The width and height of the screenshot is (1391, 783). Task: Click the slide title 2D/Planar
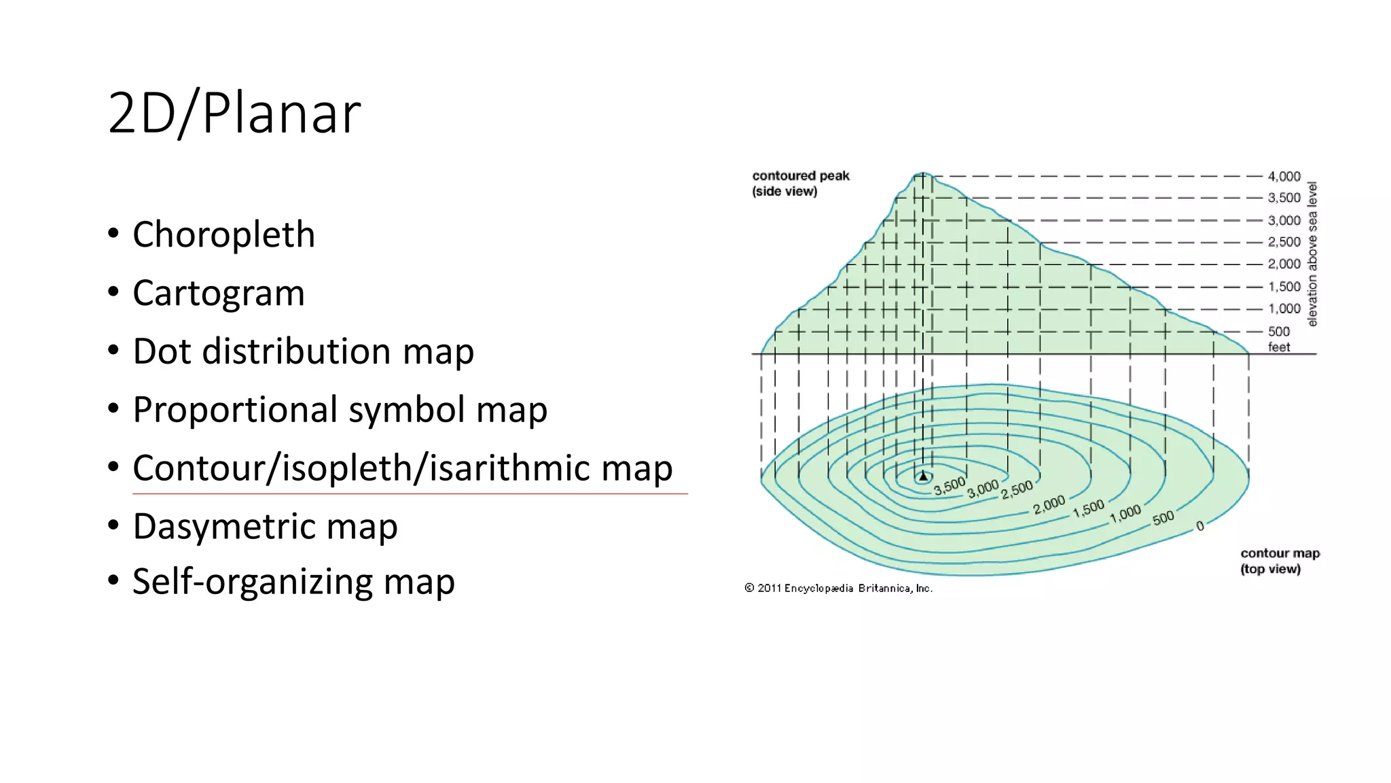(x=234, y=114)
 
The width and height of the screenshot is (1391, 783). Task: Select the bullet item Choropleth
(x=223, y=235)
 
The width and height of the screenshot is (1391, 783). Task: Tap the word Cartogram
(x=218, y=294)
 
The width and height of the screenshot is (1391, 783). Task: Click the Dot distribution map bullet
(x=303, y=351)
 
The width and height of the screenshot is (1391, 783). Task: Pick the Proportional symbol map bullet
(x=340, y=410)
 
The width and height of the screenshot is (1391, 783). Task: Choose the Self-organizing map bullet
(x=293, y=582)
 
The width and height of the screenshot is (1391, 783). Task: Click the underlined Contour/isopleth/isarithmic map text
(x=402, y=468)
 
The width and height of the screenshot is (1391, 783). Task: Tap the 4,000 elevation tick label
(x=1284, y=177)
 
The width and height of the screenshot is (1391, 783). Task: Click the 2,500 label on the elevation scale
(x=1284, y=242)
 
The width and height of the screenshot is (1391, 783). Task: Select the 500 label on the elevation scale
(x=1278, y=332)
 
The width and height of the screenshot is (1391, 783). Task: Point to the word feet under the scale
(x=1278, y=347)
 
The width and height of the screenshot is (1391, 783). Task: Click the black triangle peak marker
(x=923, y=476)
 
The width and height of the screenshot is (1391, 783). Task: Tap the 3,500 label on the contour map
(x=949, y=486)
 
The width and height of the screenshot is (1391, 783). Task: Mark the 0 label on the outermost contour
(x=1200, y=525)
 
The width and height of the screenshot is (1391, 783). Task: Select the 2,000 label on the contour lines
(x=1049, y=504)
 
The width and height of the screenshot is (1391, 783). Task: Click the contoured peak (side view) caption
(x=800, y=184)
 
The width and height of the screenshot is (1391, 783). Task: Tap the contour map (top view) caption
(x=1280, y=561)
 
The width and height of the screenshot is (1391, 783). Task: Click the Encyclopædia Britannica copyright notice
(x=838, y=589)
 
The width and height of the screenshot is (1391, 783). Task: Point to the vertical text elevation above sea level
(x=1312, y=254)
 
